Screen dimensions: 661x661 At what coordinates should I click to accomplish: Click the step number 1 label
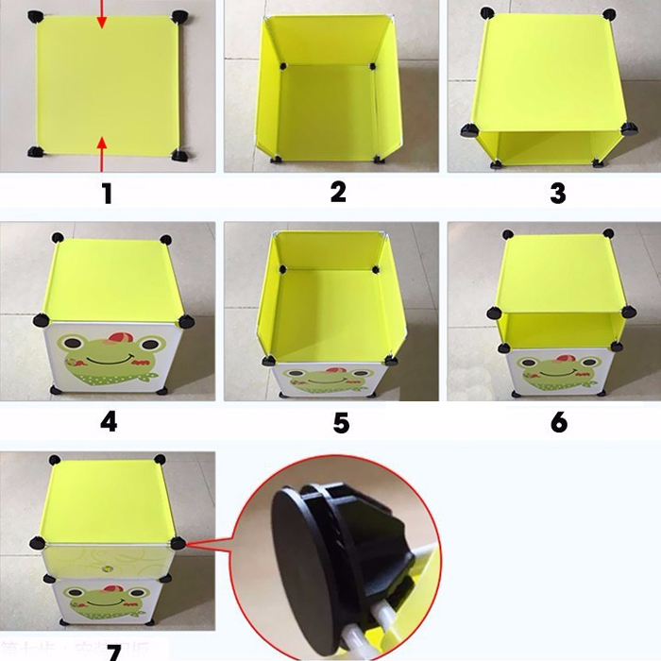(x=107, y=195)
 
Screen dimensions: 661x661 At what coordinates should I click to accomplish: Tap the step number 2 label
(x=338, y=192)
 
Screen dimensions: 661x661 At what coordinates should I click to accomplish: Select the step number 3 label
(x=558, y=194)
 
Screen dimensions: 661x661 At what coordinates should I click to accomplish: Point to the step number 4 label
(x=109, y=421)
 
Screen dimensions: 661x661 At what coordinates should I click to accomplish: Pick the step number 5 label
(x=341, y=421)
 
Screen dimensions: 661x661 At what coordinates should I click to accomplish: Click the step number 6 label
(x=559, y=421)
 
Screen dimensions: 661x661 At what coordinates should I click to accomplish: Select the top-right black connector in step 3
(x=608, y=14)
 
